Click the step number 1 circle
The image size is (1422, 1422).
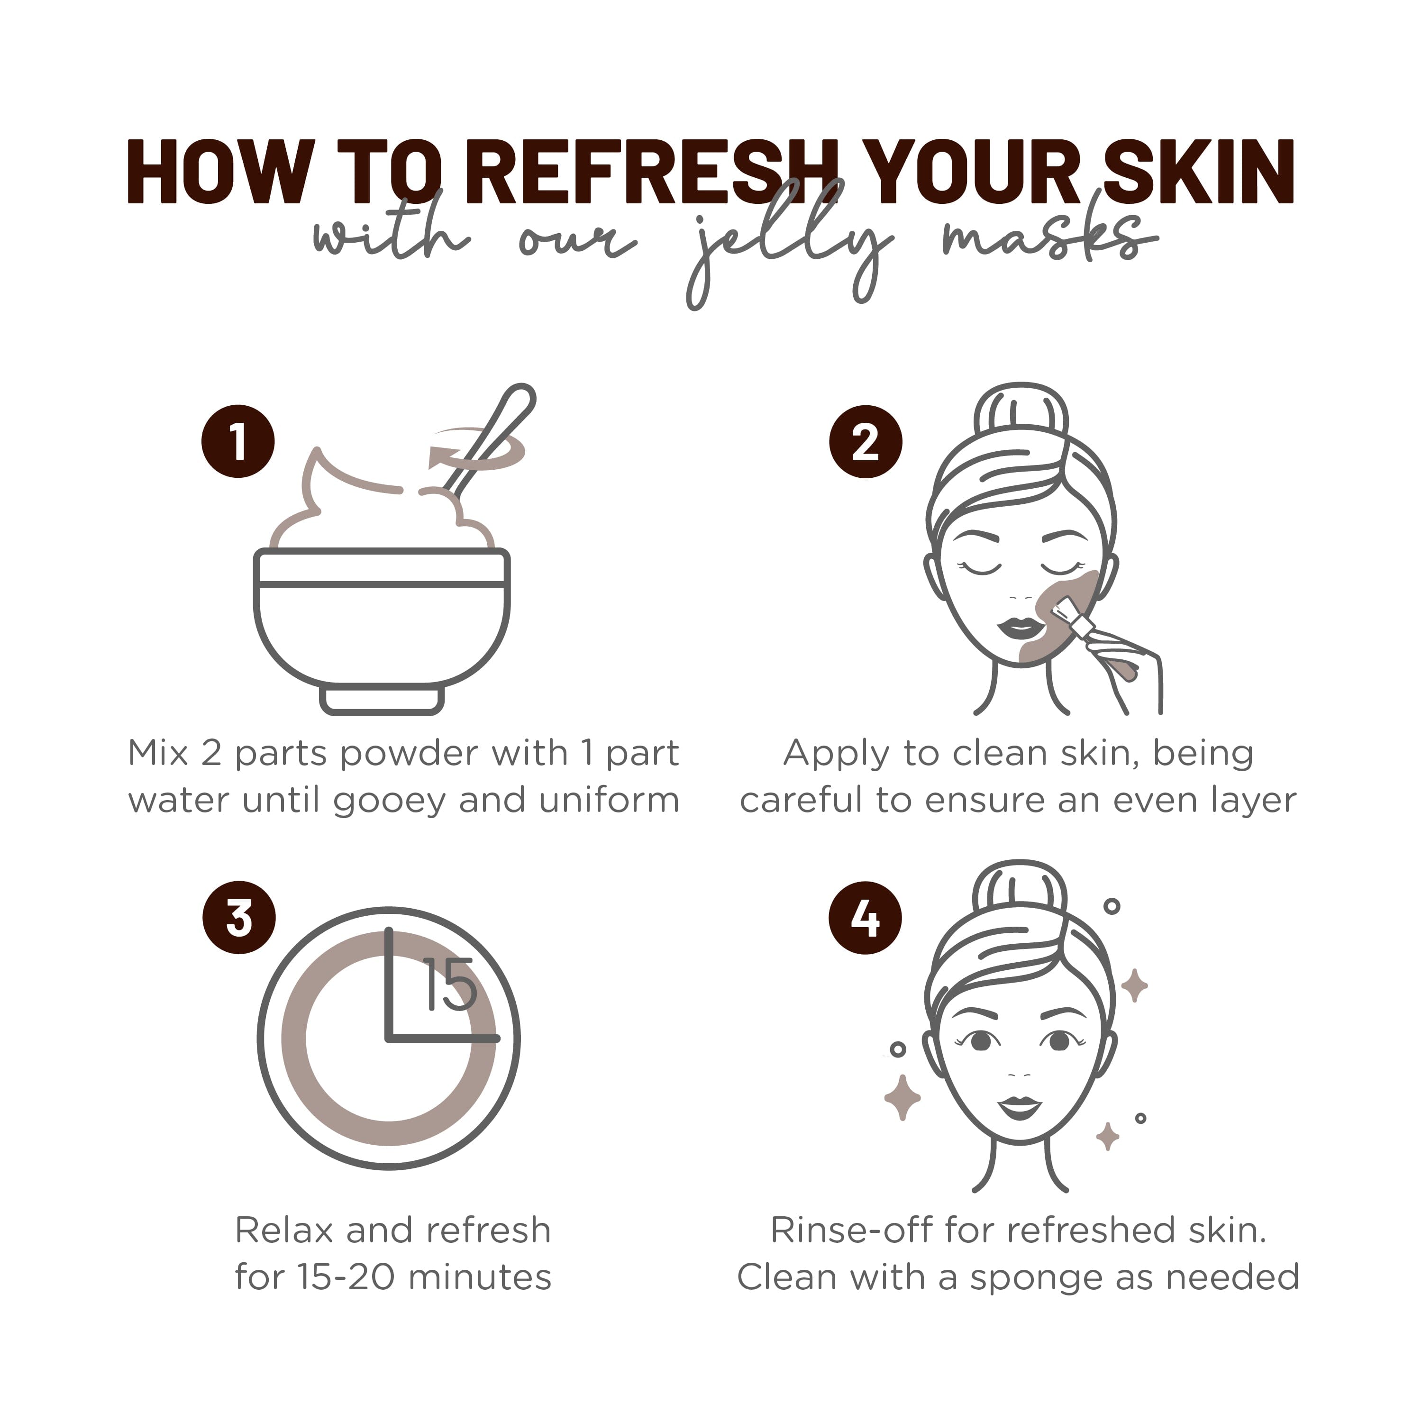point(238,442)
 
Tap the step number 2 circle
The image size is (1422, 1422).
point(866,442)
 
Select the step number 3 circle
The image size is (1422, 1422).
point(239,918)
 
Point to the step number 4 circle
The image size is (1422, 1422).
point(866,918)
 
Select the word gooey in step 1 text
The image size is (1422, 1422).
point(389,801)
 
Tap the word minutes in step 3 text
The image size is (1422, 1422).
point(479,1277)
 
